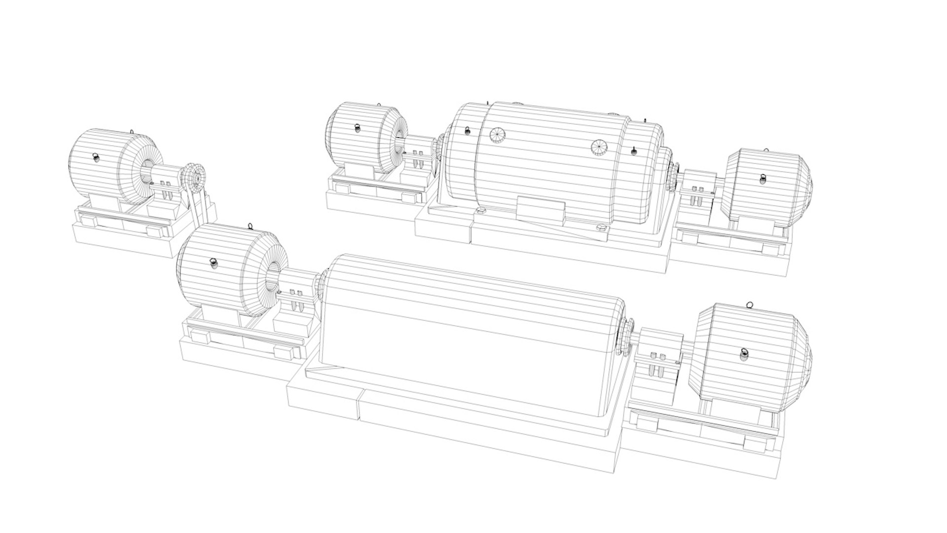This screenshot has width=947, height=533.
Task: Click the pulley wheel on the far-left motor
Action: coord(195,178)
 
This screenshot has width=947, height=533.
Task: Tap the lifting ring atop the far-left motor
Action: coord(132,131)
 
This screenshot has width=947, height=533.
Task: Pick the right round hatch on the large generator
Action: coord(600,147)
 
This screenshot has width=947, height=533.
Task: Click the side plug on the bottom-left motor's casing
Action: coord(214,263)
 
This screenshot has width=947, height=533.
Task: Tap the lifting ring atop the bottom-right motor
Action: coord(751,305)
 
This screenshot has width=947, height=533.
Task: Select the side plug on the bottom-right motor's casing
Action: coord(744,354)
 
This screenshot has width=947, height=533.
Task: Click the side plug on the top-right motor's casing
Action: coord(762,178)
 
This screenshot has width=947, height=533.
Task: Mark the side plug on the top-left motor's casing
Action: coord(357,127)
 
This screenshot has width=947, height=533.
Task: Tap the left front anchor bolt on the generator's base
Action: coord(480,212)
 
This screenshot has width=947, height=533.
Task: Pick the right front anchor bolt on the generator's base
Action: coord(601,230)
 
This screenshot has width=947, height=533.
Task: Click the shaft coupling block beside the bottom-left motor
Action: coord(298,296)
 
